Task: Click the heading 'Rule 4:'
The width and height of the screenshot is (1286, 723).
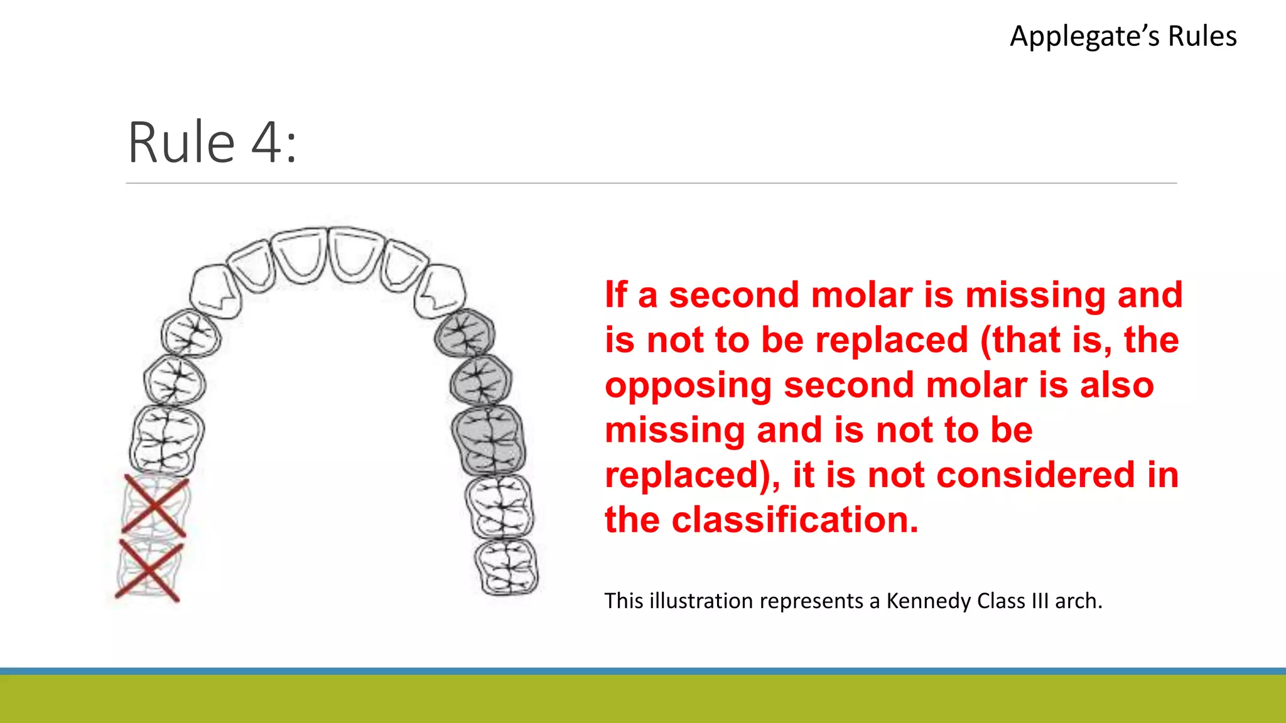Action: (x=212, y=143)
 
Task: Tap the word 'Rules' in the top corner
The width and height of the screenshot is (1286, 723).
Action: (x=1202, y=36)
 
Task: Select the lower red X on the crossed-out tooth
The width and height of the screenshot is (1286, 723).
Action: (x=149, y=570)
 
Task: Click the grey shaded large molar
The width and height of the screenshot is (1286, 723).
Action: (x=489, y=439)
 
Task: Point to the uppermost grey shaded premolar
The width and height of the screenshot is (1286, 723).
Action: (x=465, y=333)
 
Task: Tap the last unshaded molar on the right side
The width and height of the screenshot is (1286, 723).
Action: (x=506, y=567)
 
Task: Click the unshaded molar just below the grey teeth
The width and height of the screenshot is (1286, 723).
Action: (x=499, y=506)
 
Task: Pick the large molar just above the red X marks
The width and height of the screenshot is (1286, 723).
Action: (x=167, y=438)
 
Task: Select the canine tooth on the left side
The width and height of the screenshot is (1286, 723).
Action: (x=215, y=291)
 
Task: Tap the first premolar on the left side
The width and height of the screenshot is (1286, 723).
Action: (x=191, y=333)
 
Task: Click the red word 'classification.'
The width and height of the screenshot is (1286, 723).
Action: (x=794, y=520)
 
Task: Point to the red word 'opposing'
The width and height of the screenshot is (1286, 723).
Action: (x=688, y=385)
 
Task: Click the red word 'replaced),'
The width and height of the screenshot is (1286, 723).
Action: (x=693, y=475)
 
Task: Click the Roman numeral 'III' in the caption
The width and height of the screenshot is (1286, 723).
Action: (x=1040, y=601)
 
